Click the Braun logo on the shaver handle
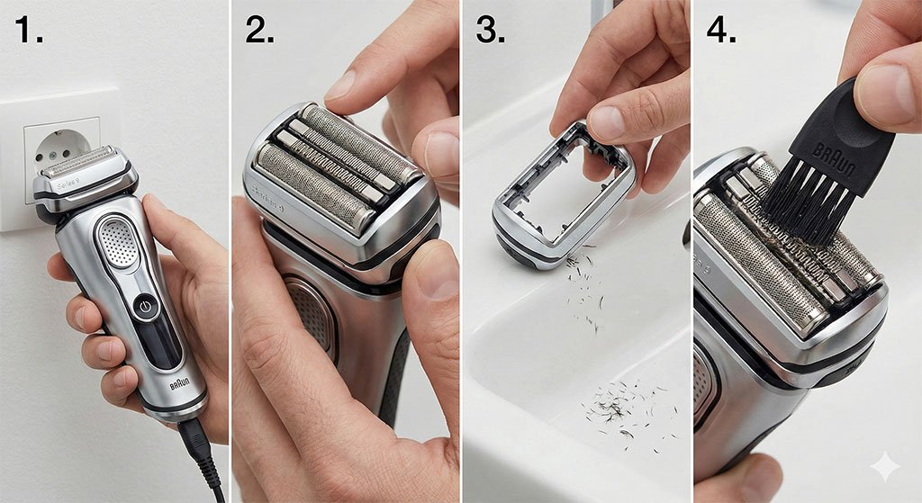(x=180, y=387)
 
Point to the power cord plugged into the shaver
(x=203, y=454)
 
